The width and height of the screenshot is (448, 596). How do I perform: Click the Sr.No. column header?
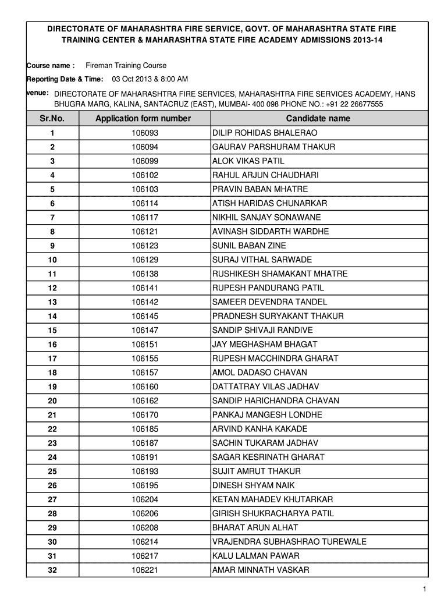(52, 118)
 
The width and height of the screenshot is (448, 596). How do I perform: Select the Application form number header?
(143, 118)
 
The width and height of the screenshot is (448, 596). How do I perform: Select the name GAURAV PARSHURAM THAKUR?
(273, 147)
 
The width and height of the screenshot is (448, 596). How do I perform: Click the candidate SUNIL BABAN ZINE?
(249, 246)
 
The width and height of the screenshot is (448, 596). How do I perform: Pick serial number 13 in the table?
(52, 302)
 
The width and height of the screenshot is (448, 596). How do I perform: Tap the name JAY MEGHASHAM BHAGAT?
(265, 344)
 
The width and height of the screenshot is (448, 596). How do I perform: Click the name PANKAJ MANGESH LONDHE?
(267, 414)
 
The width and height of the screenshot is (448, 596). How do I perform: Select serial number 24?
(52, 457)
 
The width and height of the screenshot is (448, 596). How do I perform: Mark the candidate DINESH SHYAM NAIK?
(253, 485)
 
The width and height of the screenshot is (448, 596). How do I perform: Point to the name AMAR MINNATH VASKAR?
(261, 570)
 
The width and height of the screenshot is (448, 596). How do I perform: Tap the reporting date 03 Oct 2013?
(132, 79)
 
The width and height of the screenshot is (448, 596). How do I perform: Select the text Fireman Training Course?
(126, 66)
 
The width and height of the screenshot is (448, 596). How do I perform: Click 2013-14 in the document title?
(366, 40)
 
